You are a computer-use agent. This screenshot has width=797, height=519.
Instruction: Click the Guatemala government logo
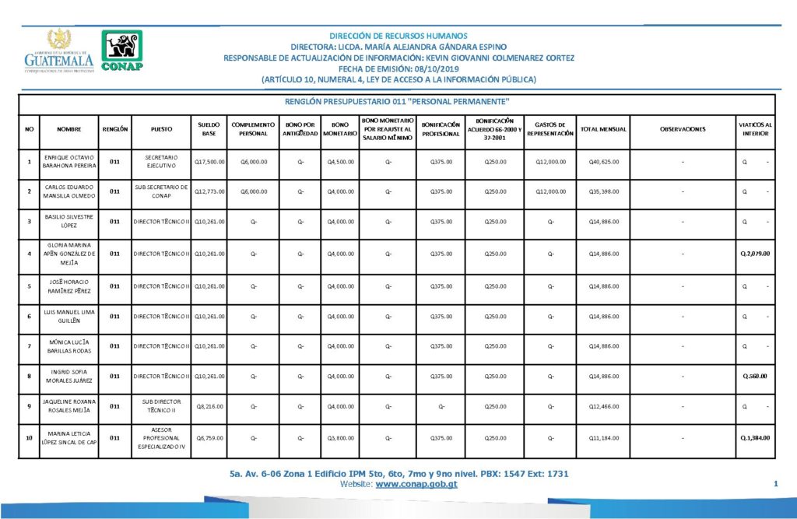coord(59,52)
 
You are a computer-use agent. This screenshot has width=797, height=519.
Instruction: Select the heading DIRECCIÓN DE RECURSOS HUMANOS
coord(398,36)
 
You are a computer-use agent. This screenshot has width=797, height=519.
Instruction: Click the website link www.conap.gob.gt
coord(416,484)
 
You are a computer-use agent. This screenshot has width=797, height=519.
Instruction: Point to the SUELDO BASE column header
coord(209,128)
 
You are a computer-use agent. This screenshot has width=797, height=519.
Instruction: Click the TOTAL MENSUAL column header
coord(604,128)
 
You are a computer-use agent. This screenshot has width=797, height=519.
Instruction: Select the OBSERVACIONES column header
coord(682,128)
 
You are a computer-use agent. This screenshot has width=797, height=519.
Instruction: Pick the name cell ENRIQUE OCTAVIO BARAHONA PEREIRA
coord(69,161)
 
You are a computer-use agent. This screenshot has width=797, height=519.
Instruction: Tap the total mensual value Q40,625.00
coord(604,162)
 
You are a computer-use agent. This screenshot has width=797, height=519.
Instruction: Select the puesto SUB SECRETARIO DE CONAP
coord(162,191)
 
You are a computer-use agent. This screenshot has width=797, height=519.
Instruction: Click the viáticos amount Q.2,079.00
coord(755,253)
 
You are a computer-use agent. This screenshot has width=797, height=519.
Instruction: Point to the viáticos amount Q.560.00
coord(756,376)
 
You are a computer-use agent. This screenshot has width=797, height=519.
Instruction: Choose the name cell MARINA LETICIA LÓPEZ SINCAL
coord(69,437)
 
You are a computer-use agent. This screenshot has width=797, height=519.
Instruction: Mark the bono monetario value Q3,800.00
coord(340,437)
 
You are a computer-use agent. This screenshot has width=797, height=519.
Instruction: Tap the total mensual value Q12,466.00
coord(604,406)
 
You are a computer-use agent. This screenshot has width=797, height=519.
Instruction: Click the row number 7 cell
coord(29,345)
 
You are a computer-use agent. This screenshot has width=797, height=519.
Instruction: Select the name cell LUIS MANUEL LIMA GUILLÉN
coord(69,314)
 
